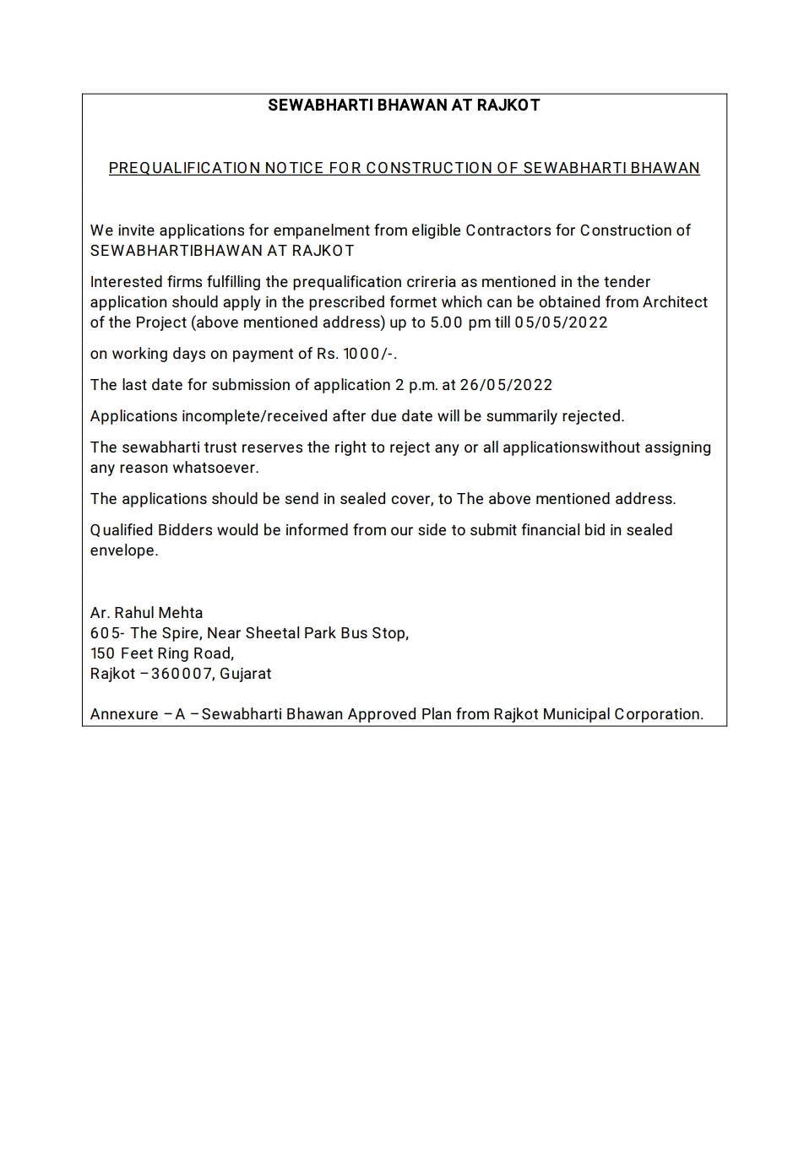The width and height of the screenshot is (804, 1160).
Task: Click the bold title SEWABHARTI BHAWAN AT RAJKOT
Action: tap(404, 106)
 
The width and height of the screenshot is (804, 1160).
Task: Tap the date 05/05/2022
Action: tap(561, 323)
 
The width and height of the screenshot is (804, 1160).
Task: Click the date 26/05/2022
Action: tap(506, 385)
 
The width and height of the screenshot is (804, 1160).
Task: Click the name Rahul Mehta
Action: tap(159, 613)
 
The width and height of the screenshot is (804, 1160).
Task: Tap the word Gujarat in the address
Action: tap(246, 674)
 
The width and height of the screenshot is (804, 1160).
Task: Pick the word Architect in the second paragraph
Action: tap(675, 302)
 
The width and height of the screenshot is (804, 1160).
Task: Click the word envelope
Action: tap(123, 550)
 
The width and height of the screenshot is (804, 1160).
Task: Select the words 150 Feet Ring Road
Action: tap(161, 653)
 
